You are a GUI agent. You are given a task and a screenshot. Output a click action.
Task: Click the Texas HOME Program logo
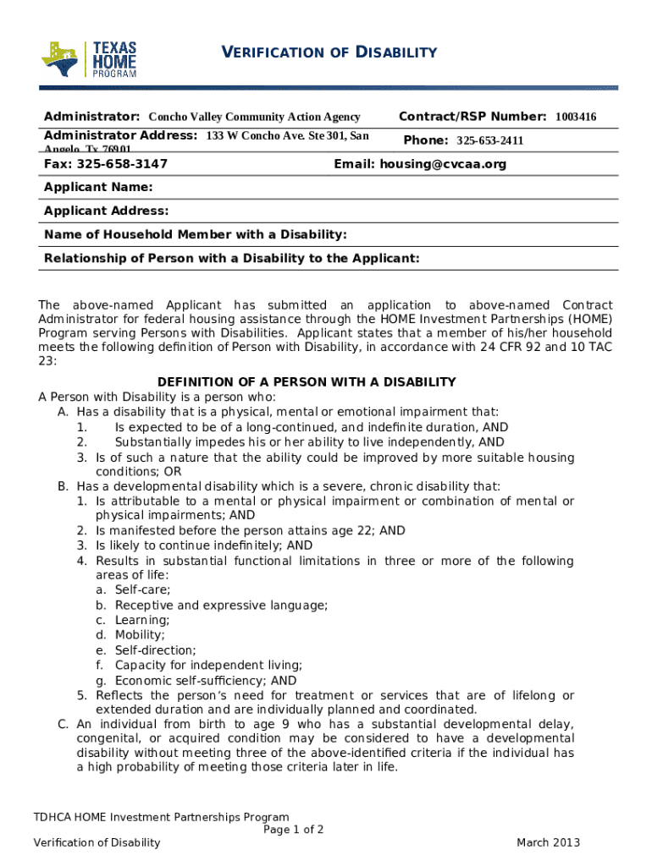(x=89, y=59)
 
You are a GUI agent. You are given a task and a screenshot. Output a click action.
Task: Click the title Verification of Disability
(x=329, y=52)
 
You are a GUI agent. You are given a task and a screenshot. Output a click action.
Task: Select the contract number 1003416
(x=576, y=117)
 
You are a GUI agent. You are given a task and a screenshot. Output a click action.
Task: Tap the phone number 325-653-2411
(x=489, y=140)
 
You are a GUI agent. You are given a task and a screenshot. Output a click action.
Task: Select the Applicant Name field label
(x=98, y=187)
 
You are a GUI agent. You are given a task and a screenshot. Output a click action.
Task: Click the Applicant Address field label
(x=106, y=211)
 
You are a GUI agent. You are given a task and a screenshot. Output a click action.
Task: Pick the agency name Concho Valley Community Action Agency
(x=254, y=117)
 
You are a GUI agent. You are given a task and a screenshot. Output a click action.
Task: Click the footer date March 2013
(x=548, y=842)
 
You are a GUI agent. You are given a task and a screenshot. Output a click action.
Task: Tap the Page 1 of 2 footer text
(x=294, y=830)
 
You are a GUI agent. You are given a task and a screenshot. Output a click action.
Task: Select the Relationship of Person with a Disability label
(x=231, y=258)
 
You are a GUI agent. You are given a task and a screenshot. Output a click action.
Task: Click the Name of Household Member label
(x=196, y=234)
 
